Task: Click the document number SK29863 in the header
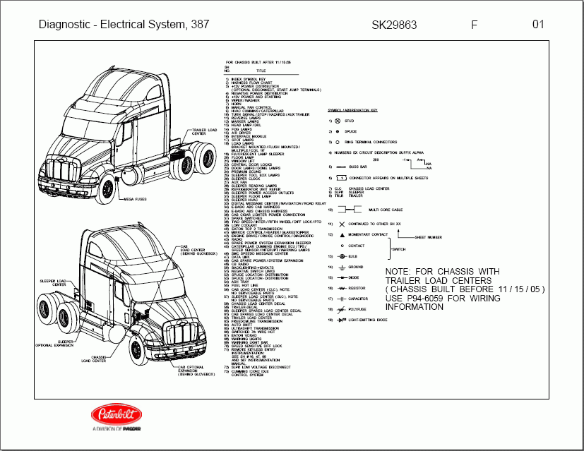[394, 25]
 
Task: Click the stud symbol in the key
[338, 121]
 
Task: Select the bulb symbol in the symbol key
[342, 256]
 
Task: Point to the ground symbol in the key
[342, 267]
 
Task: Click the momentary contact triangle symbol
[342, 234]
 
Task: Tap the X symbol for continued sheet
[342, 224]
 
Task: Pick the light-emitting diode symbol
[342, 320]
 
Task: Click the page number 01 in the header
[538, 25]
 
